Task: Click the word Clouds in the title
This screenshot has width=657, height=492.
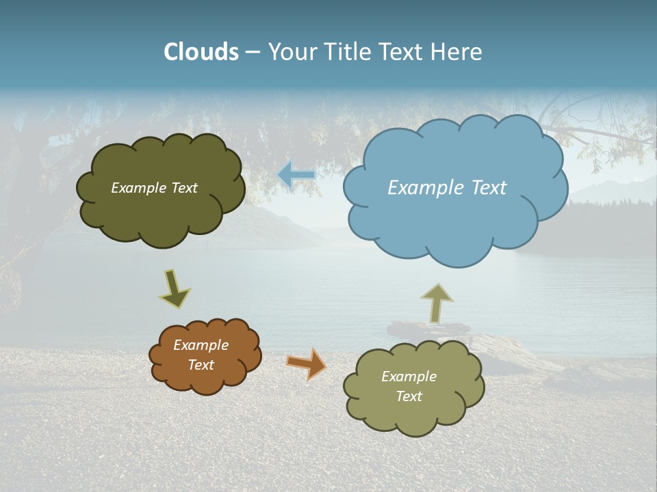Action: point(201,52)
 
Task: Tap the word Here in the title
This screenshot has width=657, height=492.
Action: point(456,52)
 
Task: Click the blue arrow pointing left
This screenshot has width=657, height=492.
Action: point(296,176)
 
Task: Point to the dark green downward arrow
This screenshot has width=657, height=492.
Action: point(175,289)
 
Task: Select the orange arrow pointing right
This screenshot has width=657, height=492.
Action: point(307,364)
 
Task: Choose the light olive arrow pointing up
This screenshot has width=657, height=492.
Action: point(437,303)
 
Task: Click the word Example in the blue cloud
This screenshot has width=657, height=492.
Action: point(419,188)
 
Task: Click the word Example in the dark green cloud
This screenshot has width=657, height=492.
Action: point(138,188)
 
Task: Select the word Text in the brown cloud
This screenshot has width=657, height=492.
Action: point(201,365)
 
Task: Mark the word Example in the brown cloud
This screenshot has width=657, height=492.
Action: point(201,345)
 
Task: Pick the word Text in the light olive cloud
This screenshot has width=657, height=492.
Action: point(409,396)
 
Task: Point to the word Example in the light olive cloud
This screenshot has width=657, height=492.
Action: point(409,377)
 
